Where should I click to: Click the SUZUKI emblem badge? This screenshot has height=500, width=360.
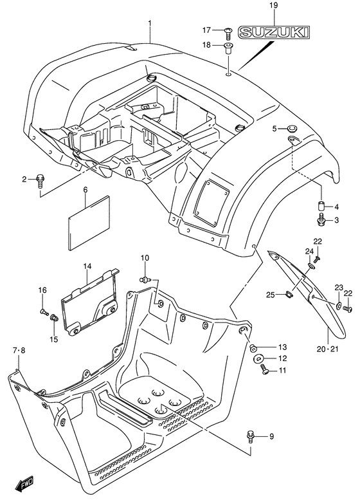274,32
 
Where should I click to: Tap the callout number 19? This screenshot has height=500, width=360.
273,5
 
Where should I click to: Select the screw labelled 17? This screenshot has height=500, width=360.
228,33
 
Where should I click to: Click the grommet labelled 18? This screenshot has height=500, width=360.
228,48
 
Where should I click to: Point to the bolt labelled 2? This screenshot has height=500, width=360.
40,181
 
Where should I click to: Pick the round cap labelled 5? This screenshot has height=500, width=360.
291,129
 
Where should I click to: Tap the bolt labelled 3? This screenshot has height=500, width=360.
321,220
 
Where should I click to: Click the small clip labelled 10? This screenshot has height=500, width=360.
145,279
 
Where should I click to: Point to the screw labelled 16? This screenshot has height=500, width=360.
44,312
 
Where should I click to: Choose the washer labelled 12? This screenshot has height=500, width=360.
257,358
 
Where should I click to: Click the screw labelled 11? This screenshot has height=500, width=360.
265,370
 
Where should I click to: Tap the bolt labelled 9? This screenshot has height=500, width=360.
251,436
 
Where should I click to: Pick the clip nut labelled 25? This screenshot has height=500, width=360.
288,295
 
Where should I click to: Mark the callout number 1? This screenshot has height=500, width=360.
149,24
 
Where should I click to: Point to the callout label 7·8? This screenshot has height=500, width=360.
19,351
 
